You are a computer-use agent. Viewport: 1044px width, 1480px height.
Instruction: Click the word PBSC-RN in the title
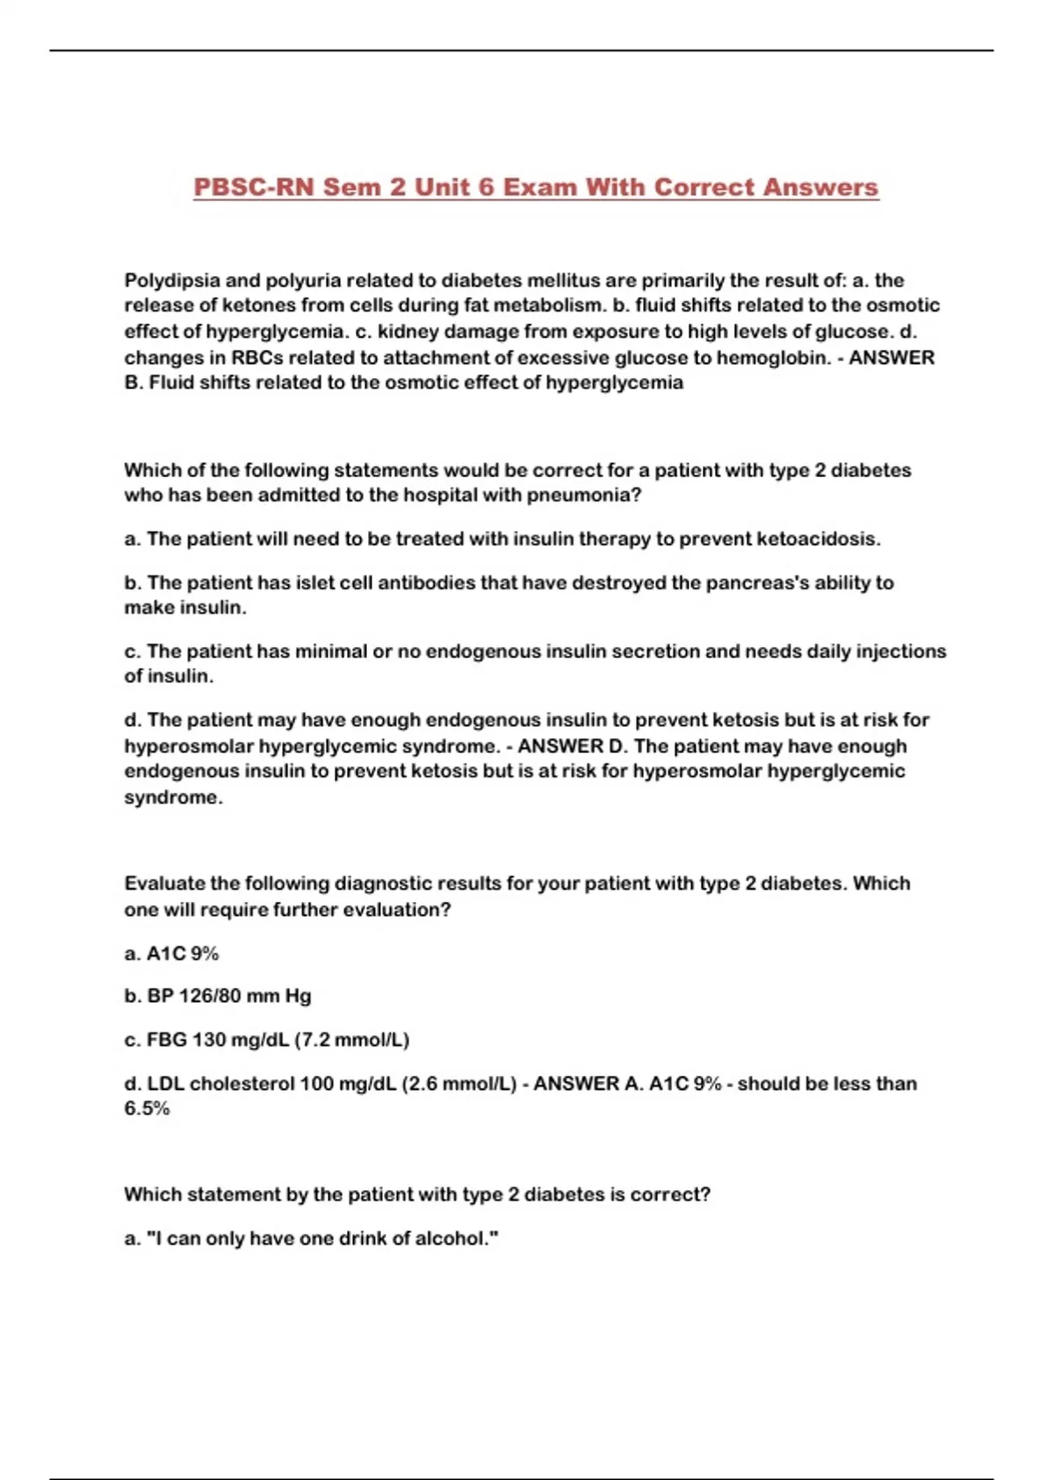click(252, 187)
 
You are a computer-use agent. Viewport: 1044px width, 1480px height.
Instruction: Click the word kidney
click(408, 332)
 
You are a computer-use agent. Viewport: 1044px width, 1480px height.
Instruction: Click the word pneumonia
click(579, 495)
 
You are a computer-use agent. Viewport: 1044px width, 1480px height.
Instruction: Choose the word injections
click(902, 651)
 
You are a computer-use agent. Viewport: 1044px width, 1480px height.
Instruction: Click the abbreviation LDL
click(165, 1084)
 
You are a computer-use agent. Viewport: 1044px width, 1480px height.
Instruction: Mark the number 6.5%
click(146, 1109)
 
